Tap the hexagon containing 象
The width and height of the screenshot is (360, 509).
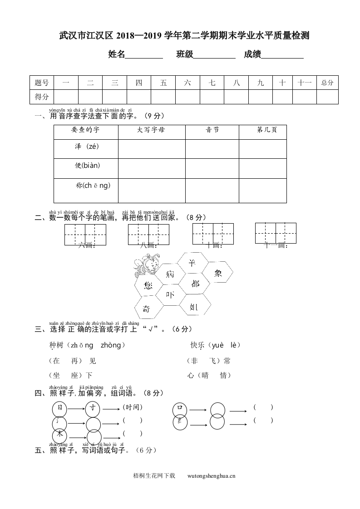(x=217, y=273)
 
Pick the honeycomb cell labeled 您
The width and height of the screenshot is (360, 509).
(x=148, y=285)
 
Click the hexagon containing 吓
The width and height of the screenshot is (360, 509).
(x=170, y=295)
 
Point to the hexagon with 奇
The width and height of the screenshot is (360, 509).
(x=147, y=308)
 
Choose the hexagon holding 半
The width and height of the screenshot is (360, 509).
(x=192, y=263)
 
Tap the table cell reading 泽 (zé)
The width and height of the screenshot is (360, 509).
(x=86, y=147)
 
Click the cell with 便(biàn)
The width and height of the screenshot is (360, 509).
(x=86, y=166)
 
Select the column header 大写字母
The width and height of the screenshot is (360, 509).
(x=151, y=130)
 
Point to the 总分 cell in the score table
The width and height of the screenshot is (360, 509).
(x=327, y=83)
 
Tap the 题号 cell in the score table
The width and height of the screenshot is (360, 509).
(x=41, y=83)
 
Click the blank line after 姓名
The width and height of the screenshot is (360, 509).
(x=144, y=55)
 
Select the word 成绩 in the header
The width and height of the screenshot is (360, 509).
(x=252, y=54)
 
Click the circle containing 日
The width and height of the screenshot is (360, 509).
(x=59, y=408)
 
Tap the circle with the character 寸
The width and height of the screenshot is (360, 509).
(x=94, y=408)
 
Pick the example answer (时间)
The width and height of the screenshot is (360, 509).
(x=133, y=407)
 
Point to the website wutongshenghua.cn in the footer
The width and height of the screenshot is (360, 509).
(x=211, y=476)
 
